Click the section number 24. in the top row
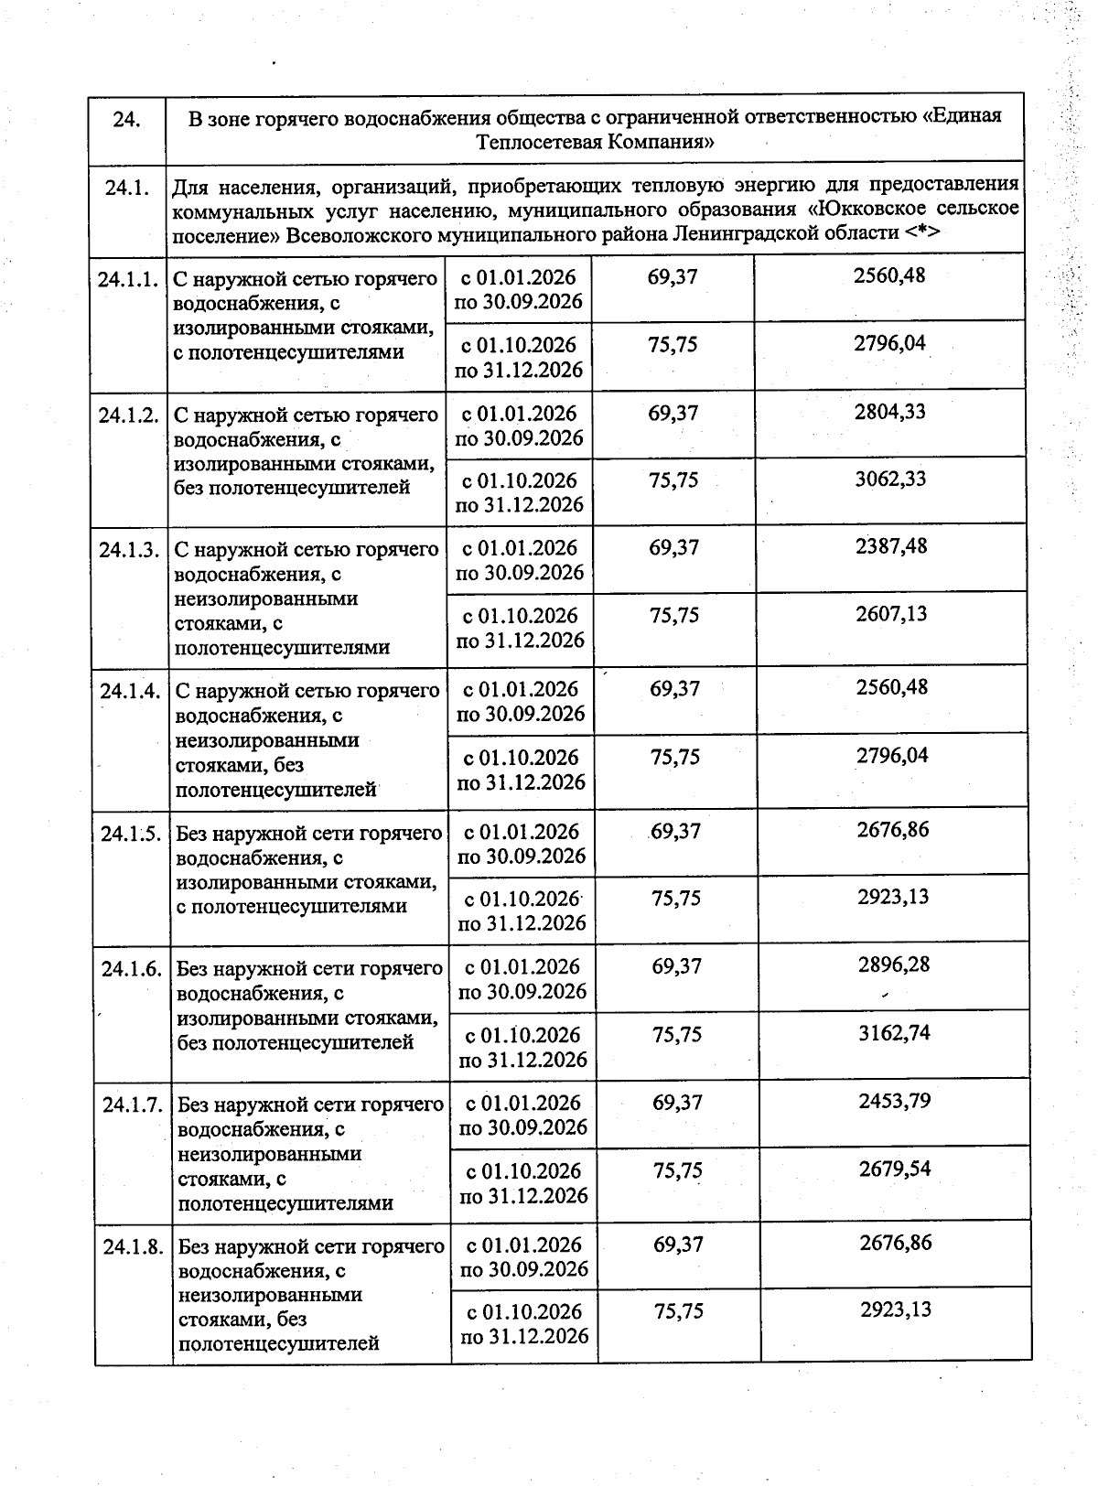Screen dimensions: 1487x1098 click(126, 119)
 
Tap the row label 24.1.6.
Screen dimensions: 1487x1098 click(132, 969)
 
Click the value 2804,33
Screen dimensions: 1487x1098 click(890, 412)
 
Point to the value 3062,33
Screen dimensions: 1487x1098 click(890, 480)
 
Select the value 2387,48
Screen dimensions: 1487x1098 click(891, 546)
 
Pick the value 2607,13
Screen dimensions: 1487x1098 click(891, 614)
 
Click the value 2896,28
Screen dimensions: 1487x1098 click(894, 964)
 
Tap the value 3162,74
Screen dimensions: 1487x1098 click(894, 1033)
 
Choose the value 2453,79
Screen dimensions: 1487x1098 click(895, 1101)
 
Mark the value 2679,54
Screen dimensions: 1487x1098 click(895, 1169)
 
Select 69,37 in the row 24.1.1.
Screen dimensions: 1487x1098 click(673, 276)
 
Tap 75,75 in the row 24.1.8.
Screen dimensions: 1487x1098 click(679, 1311)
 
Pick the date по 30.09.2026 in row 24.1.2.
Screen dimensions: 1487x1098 click(519, 438)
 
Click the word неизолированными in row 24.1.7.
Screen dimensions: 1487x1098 click(270, 1155)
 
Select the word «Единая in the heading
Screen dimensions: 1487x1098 click(962, 117)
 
